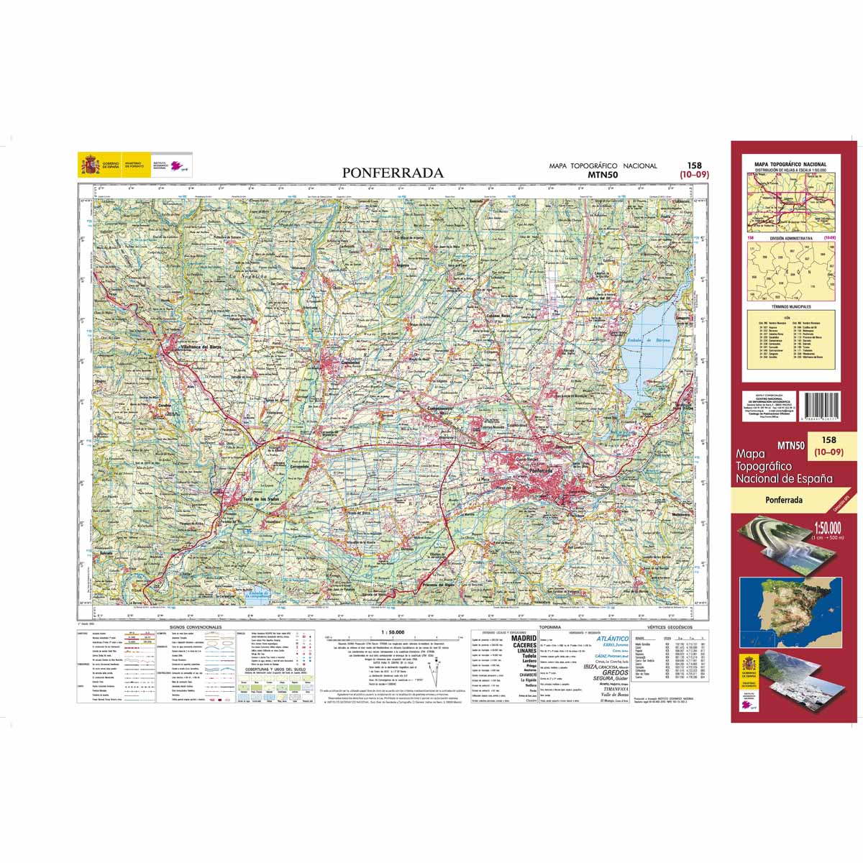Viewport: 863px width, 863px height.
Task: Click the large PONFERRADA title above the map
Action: (393, 173)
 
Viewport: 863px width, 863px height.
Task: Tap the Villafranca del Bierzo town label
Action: (201, 348)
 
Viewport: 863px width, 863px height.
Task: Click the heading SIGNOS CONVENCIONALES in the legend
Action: (196, 627)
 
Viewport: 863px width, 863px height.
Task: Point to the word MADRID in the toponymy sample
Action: (523, 638)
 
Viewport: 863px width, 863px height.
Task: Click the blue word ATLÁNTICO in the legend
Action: (613, 638)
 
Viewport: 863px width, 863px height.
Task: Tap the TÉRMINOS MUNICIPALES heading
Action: (790, 306)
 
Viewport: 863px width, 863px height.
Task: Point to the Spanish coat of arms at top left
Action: (89, 165)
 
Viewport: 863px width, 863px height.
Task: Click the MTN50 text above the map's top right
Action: (603, 174)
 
